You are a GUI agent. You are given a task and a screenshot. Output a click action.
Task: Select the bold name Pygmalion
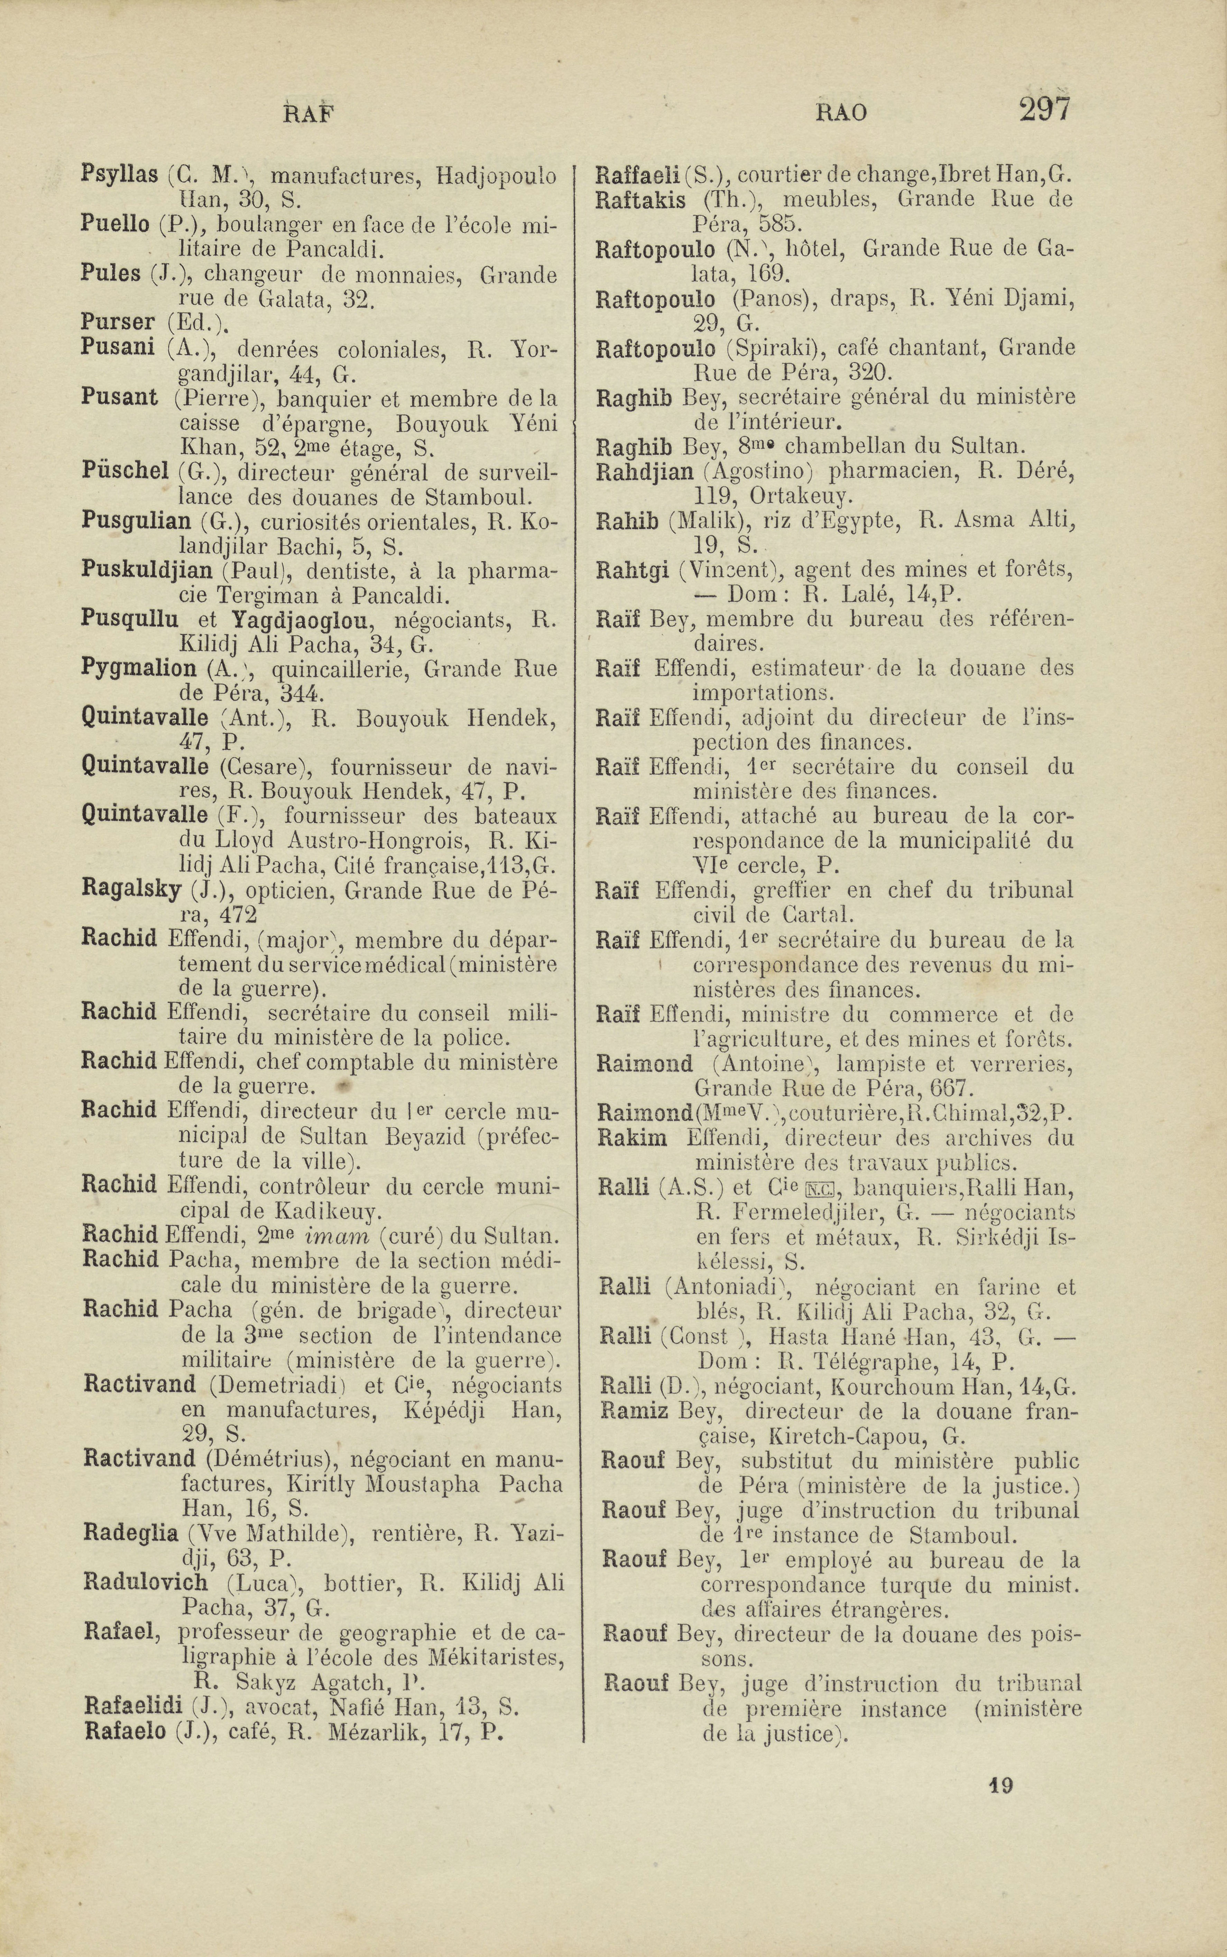[139, 669]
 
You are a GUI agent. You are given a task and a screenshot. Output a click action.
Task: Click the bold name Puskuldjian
[147, 571]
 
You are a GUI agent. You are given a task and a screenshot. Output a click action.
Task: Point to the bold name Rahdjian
[644, 471]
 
